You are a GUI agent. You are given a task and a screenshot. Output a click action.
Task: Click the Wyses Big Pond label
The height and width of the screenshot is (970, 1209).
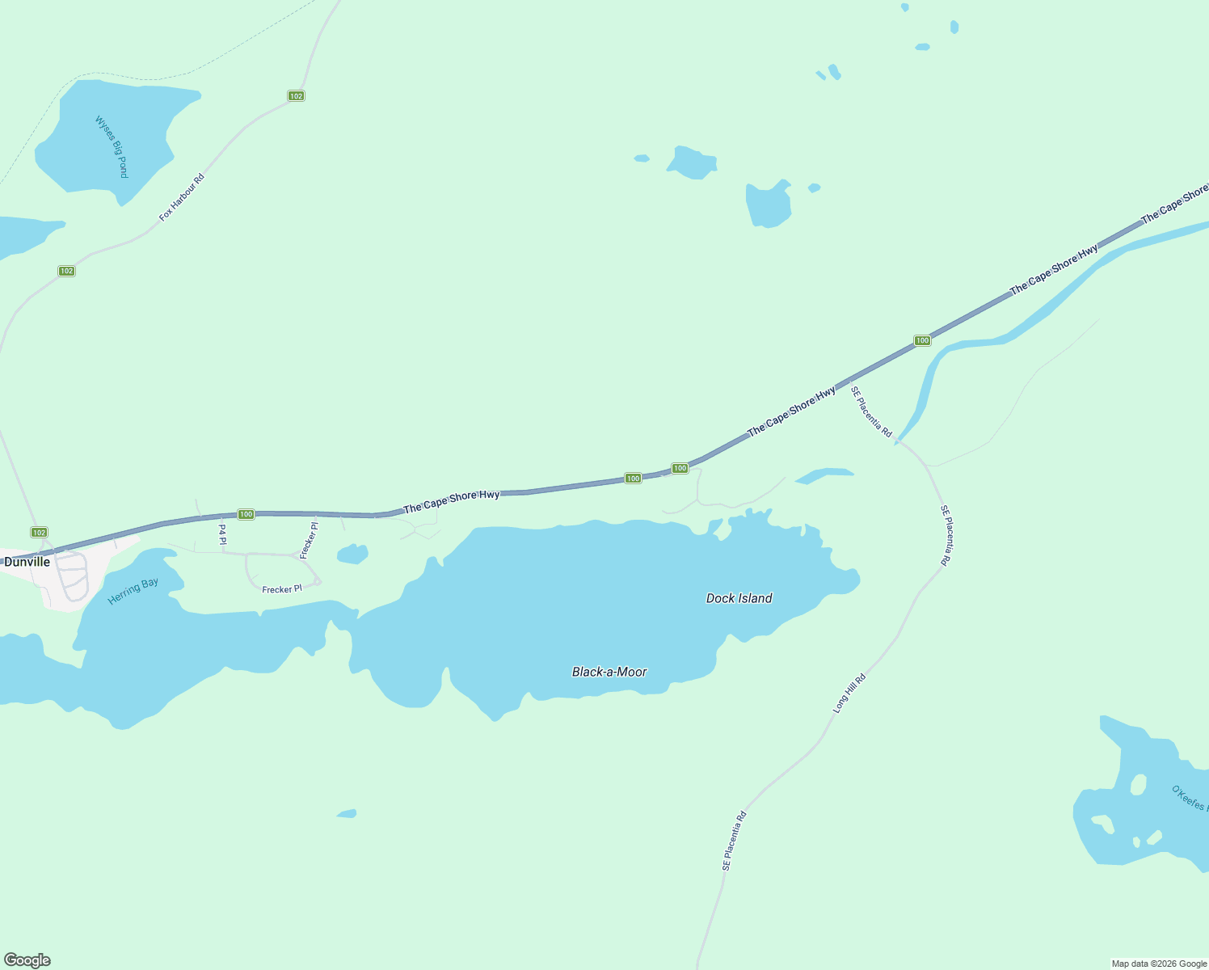coord(112,146)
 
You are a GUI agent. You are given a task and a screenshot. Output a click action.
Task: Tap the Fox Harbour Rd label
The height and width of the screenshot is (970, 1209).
coord(182,197)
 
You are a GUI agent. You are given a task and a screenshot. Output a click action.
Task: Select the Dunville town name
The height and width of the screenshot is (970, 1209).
coord(27,562)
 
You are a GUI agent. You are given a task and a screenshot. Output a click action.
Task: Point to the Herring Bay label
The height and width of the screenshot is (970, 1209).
coord(133,590)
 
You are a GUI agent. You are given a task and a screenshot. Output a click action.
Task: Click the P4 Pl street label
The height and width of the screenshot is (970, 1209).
coord(222,533)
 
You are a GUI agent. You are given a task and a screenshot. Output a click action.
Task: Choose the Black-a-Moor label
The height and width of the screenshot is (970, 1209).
coord(609,672)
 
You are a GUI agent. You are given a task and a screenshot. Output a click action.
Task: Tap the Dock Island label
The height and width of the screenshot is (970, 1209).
coord(739,598)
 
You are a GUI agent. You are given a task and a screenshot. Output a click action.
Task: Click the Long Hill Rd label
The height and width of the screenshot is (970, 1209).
coord(849,693)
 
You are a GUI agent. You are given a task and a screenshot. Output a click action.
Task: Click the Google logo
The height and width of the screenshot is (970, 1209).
coord(27,960)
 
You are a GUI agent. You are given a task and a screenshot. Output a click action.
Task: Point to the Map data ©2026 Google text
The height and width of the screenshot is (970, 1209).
coord(1159,964)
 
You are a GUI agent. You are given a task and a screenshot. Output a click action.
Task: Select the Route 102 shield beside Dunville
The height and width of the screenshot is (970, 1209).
coord(39,532)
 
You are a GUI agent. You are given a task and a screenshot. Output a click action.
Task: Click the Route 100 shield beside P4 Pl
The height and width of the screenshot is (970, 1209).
coord(246,514)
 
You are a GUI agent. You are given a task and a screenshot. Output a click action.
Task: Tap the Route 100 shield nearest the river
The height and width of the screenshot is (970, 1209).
coord(922,340)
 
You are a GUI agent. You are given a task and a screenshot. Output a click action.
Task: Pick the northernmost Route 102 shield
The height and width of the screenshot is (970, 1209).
coord(296,96)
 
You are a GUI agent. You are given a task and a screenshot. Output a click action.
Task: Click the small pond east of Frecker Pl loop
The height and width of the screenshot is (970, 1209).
coord(352,555)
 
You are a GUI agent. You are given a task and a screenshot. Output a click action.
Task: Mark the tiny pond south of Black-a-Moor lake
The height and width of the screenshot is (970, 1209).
coord(347,813)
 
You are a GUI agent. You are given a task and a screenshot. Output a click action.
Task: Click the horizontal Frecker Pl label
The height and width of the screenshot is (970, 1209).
coord(281,589)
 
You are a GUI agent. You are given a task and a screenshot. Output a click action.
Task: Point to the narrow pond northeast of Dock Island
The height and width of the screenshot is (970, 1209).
coord(824,474)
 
